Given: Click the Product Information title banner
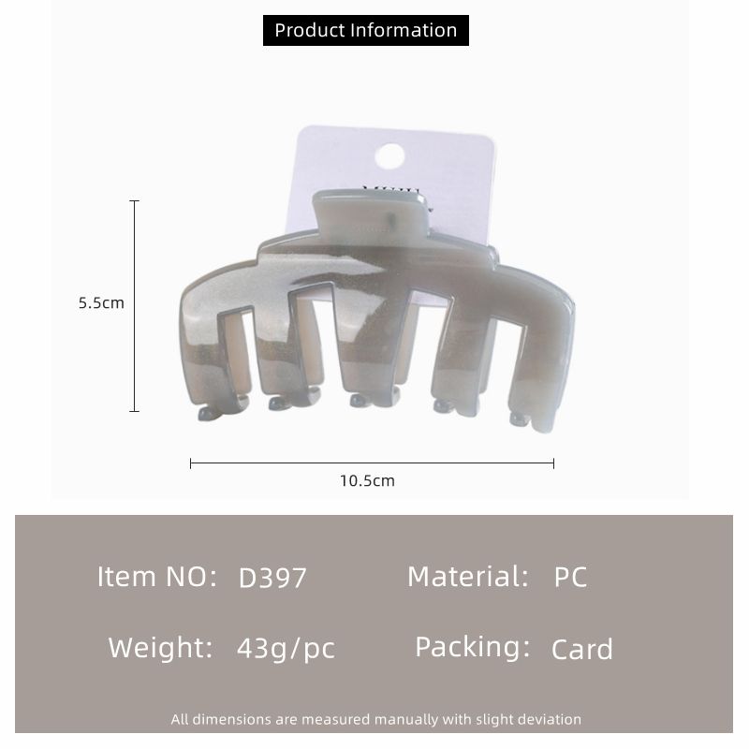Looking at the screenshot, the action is click(365, 31).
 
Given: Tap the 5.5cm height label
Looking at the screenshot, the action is click(101, 302).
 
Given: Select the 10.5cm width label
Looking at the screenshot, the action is click(367, 480).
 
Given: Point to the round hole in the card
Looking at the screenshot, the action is click(389, 156).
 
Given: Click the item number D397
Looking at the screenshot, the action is click(272, 578).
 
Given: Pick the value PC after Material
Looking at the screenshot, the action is click(570, 577).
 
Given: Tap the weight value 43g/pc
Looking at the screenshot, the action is click(286, 649).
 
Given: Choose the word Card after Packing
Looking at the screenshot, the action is click(581, 649).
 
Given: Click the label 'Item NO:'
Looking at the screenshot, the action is click(157, 577).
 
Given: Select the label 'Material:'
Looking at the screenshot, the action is click(468, 577).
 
